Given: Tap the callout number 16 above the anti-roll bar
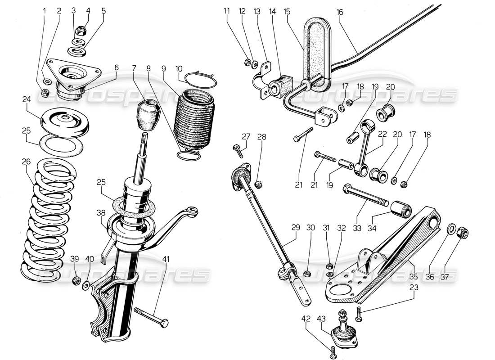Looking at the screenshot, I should [339, 13].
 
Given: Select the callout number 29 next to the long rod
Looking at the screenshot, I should [296, 228].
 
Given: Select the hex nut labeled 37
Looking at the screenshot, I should [463, 233].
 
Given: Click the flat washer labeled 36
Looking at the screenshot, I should [450, 229].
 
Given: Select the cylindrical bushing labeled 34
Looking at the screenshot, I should [401, 210].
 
